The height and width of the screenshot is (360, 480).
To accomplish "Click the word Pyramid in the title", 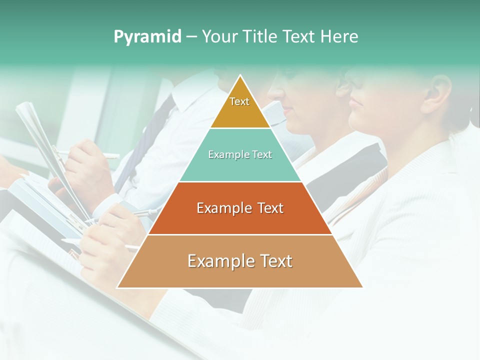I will coord(147,37).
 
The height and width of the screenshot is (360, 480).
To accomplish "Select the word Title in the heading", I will coord(261,37).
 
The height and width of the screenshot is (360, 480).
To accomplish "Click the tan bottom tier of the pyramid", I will coord(240,275).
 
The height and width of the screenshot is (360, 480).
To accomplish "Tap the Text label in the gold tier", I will coord(239,101).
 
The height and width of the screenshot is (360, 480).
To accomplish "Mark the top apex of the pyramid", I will coord(240,76).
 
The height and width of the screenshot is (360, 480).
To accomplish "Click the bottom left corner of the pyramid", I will coord(118,287).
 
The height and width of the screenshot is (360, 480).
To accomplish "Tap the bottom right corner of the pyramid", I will coord(362,287).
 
